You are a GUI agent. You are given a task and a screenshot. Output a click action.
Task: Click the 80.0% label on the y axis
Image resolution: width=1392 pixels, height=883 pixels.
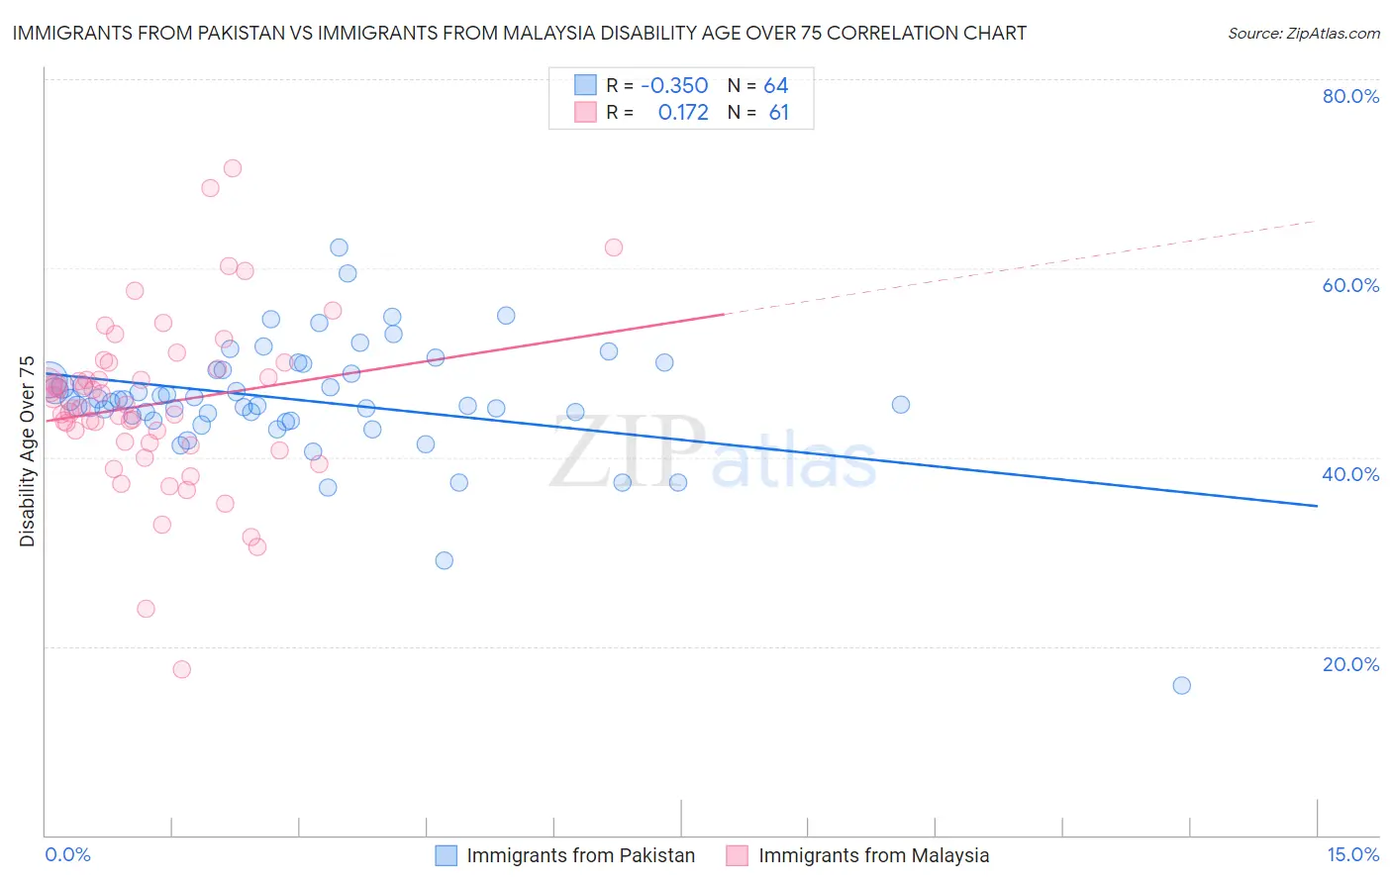click(1350, 96)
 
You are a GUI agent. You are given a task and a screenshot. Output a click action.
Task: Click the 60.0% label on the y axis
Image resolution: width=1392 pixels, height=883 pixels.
click(1350, 285)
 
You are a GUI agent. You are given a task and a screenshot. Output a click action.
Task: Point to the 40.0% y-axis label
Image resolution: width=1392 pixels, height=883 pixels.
click(1350, 474)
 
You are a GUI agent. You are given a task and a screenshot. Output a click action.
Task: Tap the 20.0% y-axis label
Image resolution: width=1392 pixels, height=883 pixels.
click(1350, 664)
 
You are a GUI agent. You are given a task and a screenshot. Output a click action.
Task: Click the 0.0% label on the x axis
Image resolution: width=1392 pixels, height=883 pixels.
click(67, 854)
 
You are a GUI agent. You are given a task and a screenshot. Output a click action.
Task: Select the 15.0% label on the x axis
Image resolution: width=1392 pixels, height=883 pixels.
click(1352, 854)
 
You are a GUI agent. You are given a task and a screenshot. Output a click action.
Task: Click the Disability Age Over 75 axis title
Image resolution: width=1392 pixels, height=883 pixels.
click(27, 451)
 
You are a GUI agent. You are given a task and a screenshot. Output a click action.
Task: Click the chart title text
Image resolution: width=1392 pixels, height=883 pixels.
click(519, 33)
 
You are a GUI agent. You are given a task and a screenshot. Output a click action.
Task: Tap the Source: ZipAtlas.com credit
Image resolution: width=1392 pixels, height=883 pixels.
click(1303, 33)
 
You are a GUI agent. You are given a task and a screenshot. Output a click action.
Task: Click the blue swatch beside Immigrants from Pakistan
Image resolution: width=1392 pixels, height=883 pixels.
click(447, 855)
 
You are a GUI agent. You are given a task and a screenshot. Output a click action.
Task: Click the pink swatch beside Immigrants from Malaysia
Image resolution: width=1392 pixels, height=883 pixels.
click(737, 855)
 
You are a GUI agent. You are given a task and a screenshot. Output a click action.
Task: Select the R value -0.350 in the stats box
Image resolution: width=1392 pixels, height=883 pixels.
click(674, 86)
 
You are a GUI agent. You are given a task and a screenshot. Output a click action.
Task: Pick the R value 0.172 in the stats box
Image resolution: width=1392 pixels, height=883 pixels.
click(683, 113)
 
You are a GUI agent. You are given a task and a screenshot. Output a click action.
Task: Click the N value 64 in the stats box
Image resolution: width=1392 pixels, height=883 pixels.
click(776, 86)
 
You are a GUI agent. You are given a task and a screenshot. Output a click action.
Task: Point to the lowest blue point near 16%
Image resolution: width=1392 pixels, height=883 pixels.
click(1181, 685)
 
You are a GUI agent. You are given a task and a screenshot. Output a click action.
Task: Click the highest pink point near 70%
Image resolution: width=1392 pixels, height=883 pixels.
click(233, 168)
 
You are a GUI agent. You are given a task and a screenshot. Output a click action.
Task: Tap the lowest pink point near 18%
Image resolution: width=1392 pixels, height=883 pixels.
click(182, 669)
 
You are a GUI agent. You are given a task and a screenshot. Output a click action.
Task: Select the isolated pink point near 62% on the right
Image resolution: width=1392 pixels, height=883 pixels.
click(614, 247)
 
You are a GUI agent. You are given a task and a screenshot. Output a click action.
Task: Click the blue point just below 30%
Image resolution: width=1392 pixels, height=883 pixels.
click(445, 560)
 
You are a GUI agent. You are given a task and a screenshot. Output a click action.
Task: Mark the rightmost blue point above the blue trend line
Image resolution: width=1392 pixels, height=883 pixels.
click(901, 404)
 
